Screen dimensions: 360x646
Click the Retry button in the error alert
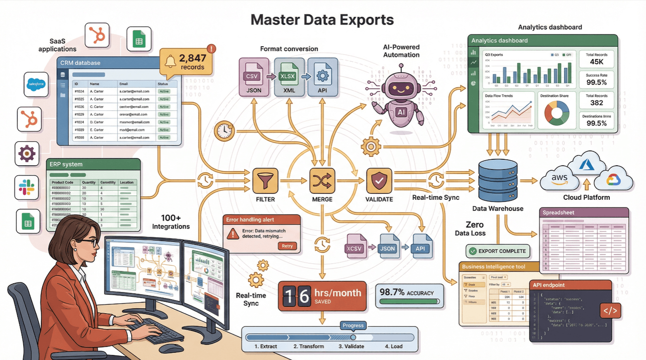tap(287, 246)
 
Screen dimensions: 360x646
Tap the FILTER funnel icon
tap(265, 181)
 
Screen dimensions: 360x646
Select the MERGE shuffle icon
tap(322, 181)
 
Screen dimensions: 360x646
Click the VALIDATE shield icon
tap(379, 181)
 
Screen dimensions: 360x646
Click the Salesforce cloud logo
tap(36, 84)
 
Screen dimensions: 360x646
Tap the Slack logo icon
tap(27, 187)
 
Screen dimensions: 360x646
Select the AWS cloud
tap(559, 178)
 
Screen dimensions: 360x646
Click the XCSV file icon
tap(356, 247)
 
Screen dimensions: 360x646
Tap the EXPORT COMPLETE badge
tap(498, 251)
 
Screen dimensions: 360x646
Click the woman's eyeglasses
tap(90, 242)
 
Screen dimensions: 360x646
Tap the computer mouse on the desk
tap(171, 348)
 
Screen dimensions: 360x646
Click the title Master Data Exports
tap(322, 20)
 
